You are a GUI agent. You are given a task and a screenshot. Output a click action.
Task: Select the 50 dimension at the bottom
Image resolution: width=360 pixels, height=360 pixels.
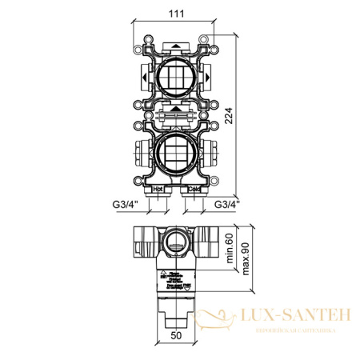[x=174, y=338]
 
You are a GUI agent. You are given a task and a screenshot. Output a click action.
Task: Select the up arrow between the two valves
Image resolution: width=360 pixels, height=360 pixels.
[x=175, y=107]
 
